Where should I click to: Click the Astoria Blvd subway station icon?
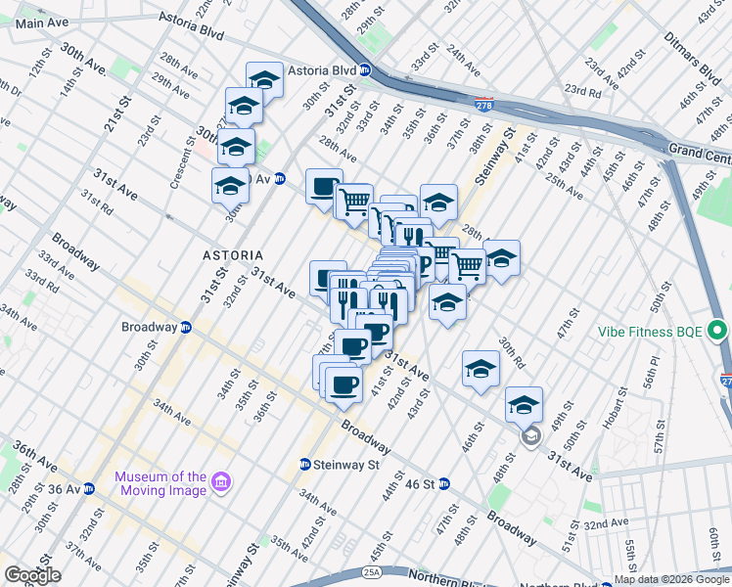[x=364, y=70]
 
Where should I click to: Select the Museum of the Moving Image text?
[x=161, y=483]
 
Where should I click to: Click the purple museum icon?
[x=221, y=483]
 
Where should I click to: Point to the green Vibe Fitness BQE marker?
[x=719, y=331]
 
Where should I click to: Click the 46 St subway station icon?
[x=443, y=483]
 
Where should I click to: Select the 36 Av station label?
[x=65, y=488]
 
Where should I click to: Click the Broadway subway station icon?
[x=185, y=327]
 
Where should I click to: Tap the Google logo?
[x=32, y=575]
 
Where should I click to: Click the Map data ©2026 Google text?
[x=671, y=579]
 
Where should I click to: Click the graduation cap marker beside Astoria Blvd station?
[x=264, y=80]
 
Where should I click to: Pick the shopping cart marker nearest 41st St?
[x=467, y=265]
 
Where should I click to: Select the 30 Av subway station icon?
[x=279, y=178]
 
